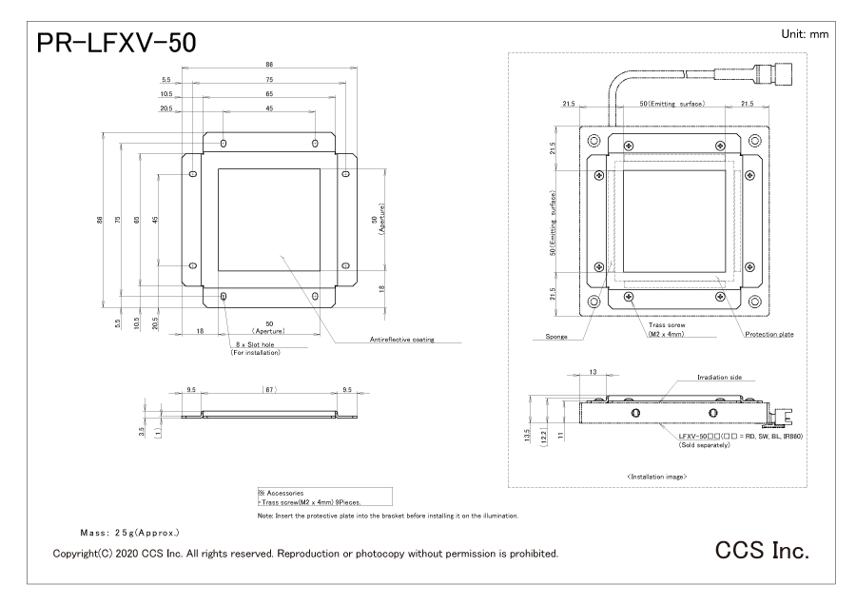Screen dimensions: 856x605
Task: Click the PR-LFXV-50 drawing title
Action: tap(116, 43)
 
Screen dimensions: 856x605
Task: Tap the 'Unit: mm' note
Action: tap(805, 34)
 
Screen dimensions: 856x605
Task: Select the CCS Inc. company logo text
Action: tap(762, 550)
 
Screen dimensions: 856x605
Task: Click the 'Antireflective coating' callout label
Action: tap(401, 339)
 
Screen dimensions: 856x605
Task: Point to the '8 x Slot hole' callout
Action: tap(255, 344)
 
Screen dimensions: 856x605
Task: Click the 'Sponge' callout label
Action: tap(556, 337)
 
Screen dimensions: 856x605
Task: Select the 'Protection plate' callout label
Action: tap(769, 334)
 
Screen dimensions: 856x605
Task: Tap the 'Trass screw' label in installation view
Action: tap(667, 325)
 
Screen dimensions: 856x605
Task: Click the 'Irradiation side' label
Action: tap(719, 378)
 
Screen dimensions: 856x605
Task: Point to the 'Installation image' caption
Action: tap(656, 477)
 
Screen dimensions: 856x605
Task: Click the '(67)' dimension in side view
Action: tap(270, 389)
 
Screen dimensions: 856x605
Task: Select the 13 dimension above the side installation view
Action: tap(593, 372)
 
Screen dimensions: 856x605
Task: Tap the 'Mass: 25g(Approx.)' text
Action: tap(129, 533)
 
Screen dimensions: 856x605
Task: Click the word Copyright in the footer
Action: tap(75, 554)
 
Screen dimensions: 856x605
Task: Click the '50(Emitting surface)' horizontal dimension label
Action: tap(672, 104)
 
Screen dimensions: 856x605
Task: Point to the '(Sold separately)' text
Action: tap(704, 445)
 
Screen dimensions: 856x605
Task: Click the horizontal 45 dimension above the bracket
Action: tap(269, 108)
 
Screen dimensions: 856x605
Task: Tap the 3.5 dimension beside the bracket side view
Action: tap(142, 432)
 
